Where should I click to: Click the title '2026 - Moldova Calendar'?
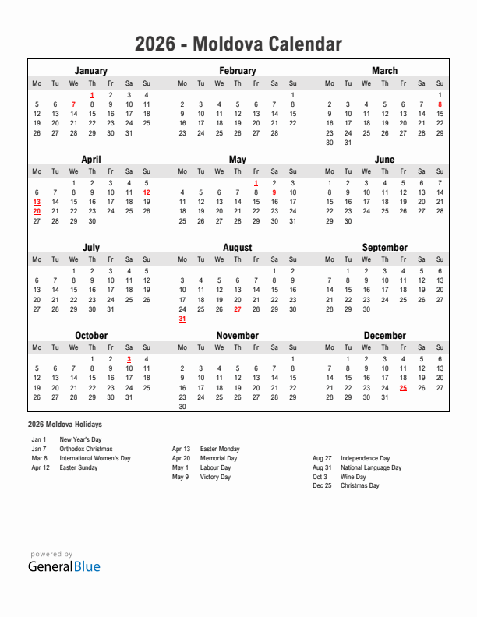(238, 44)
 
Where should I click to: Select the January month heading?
(91, 71)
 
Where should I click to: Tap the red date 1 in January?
(92, 95)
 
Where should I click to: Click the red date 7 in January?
(73, 104)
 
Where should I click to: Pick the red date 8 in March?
(440, 104)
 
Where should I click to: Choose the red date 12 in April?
(147, 192)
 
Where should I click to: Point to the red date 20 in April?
(37, 211)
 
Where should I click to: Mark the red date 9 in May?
(274, 192)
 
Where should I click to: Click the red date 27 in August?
(238, 309)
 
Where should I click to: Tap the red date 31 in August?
(182, 319)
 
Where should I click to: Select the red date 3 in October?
(129, 359)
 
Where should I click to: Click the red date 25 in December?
(403, 387)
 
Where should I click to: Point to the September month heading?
(384, 248)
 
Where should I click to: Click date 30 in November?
(182, 406)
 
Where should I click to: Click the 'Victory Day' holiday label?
(215, 477)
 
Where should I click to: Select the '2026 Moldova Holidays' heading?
(64, 425)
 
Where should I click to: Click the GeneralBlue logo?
(64, 566)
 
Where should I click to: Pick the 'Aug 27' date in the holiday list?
(322, 458)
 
